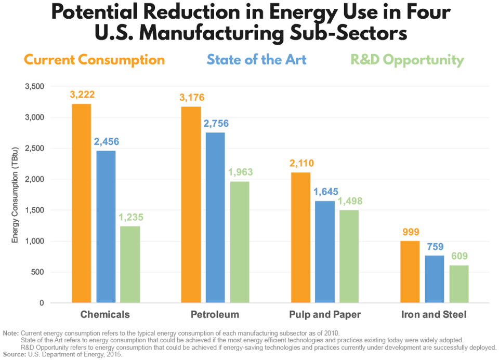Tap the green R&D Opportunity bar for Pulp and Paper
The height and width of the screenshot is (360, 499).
point(349,256)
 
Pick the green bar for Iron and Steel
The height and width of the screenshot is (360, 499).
point(459,284)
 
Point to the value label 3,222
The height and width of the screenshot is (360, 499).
point(82,95)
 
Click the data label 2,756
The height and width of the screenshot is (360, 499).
point(215,124)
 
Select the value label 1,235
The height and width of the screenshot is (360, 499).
point(130,217)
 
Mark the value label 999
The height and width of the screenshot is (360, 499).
point(410,232)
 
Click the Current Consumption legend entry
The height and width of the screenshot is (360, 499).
point(95,60)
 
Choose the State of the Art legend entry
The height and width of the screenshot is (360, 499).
point(256,60)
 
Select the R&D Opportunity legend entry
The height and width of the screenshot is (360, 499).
point(407,60)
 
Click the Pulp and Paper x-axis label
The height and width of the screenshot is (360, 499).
point(325,315)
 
